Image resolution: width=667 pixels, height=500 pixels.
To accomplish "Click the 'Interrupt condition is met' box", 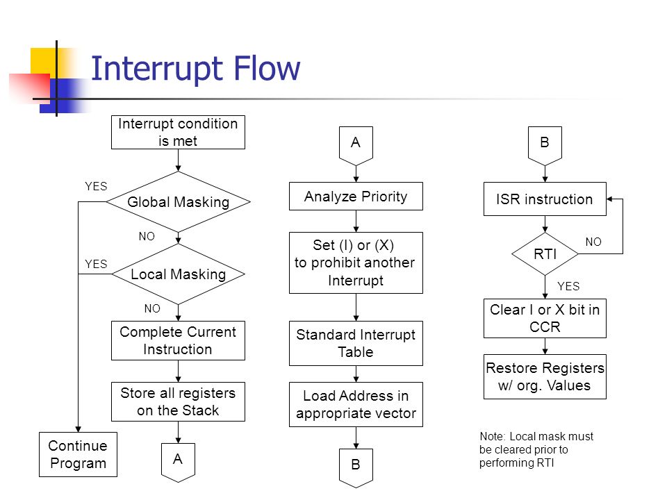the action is coord(178,132).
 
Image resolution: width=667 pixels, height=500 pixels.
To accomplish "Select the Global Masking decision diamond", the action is coord(178,202).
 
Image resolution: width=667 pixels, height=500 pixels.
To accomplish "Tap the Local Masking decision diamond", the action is coord(178,274).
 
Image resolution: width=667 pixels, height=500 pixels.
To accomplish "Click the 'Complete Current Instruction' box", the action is coord(178,340).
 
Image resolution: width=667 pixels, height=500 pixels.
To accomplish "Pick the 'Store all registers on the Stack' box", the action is coord(178,402).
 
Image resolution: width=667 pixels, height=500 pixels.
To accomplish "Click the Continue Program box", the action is coord(78,454).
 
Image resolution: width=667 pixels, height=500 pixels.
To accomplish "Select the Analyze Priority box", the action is coord(356,197).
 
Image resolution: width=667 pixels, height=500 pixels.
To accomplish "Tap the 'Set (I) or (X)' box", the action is coord(356,262).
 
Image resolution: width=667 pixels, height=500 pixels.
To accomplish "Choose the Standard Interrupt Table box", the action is coord(356,343).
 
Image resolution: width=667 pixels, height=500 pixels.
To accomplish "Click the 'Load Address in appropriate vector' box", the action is coord(356,404).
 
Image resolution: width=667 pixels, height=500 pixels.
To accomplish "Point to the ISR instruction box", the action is coord(545,199).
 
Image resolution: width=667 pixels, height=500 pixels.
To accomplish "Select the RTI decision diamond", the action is coord(545,254).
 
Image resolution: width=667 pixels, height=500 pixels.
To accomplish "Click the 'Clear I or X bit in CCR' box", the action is coord(545,319).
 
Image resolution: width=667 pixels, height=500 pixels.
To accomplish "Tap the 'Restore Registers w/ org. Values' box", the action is coord(545,376).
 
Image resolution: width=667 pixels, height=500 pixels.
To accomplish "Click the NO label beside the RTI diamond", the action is coord(593,242).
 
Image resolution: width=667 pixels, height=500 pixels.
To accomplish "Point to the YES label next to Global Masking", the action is coord(96,186).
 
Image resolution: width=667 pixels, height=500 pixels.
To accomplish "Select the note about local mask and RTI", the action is coord(536,449).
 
